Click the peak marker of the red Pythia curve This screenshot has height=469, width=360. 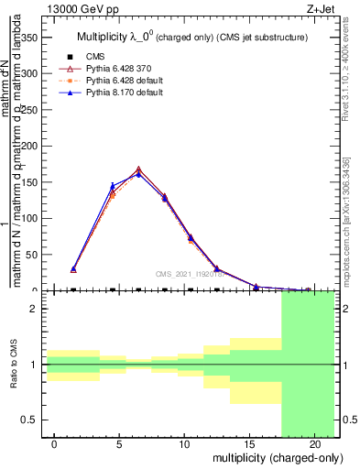click(138, 169)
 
